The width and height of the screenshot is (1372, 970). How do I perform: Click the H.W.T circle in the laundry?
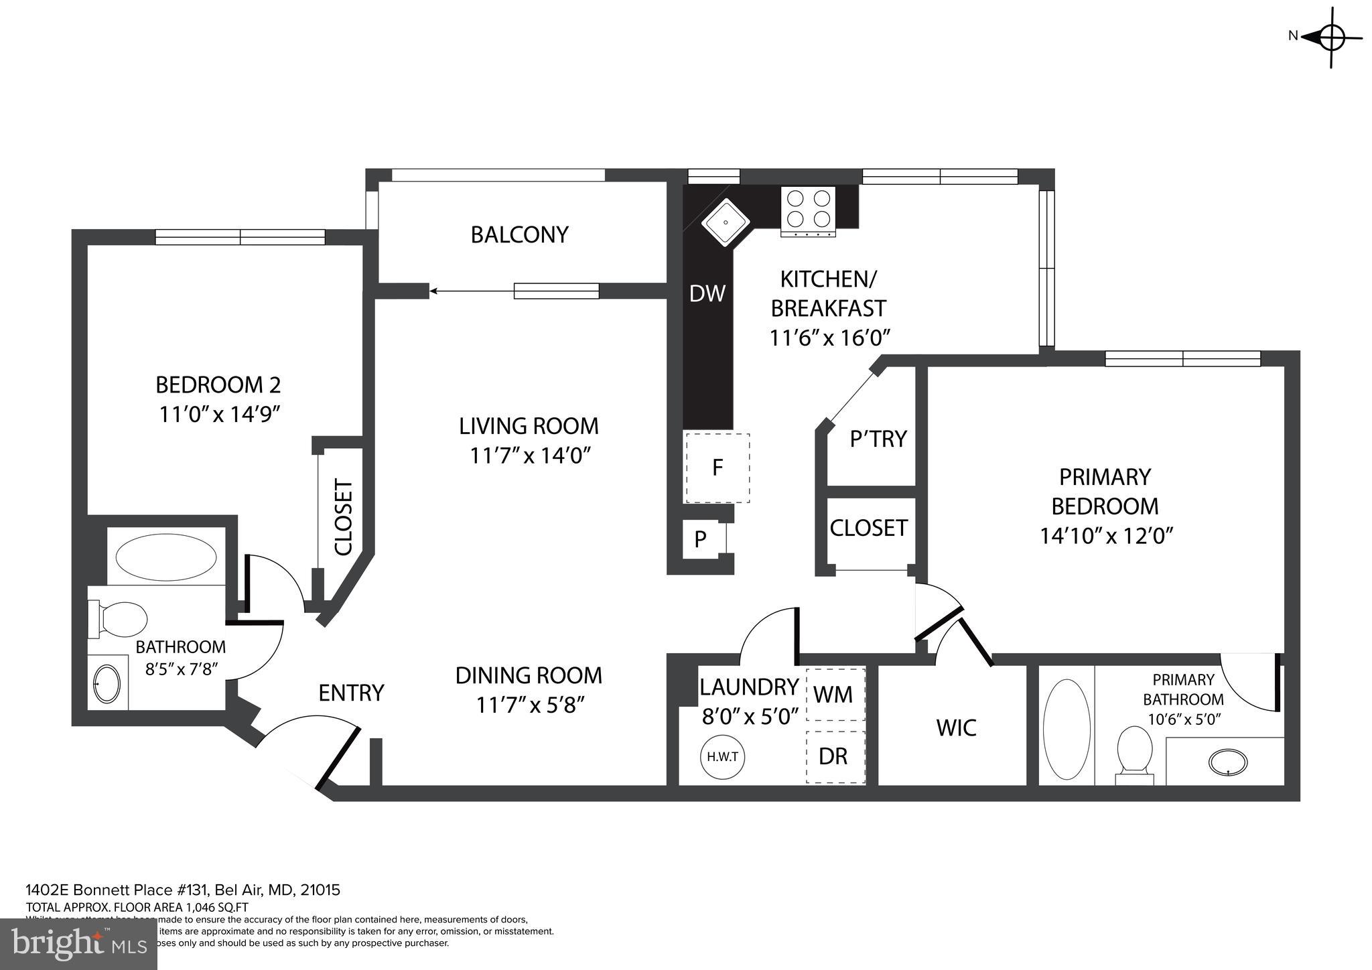[723, 757]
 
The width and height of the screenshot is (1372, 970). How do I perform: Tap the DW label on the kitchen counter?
[707, 293]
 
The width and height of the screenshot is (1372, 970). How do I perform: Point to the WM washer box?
[835, 694]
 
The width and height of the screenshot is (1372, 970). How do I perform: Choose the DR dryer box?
[835, 756]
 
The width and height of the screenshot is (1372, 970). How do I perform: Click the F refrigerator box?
[716, 468]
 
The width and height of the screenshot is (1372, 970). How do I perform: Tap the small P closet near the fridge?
[701, 539]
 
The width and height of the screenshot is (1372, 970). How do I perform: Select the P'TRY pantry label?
[878, 439]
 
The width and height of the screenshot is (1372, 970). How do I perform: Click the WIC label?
[956, 727]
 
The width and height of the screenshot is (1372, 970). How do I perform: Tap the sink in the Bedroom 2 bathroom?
[107, 683]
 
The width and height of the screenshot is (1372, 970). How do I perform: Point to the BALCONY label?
[519, 234]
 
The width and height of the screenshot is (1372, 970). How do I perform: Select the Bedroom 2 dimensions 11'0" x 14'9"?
[218, 414]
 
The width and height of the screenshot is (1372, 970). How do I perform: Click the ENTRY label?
[351, 693]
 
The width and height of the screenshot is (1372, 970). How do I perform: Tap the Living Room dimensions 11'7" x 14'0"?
[529, 456]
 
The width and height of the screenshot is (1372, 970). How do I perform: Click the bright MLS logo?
[79, 944]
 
